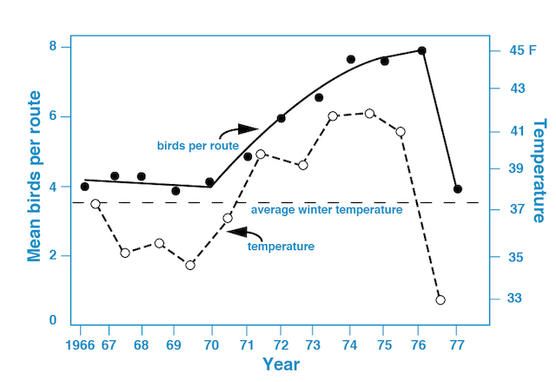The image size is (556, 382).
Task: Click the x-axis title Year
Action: pyautogui.click(x=281, y=365)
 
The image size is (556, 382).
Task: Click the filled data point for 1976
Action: pyautogui.click(x=422, y=50)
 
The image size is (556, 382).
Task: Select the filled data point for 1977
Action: pyautogui.click(x=458, y=188)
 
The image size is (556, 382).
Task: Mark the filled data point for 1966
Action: pyautogui.click(x=84, y=187)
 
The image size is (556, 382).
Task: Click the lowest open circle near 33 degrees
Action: pyautogui.click(x=440, y=300)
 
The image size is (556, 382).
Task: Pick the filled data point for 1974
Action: pyautogui.click(x=351, y=59)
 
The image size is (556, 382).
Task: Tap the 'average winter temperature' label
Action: pyautogui.click(x=326, y=210)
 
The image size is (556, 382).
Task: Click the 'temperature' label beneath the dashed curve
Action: pyautogui.click(x=281, y=247)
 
